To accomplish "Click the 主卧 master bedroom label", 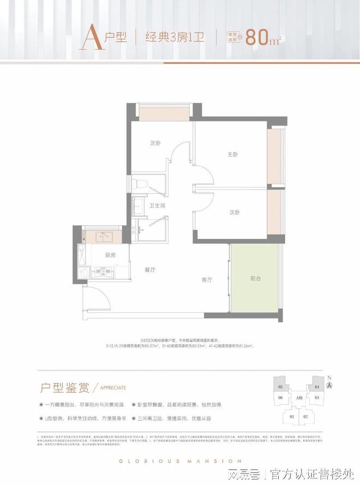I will (x=233, y=154).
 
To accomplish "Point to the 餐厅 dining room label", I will (x=151, y=270).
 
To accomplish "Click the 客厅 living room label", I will (x=207, y=280).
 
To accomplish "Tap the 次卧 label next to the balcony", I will (x=234, y=212).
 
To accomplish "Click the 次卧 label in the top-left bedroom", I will (x=155, y=143).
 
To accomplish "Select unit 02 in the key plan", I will (x=306, y=417).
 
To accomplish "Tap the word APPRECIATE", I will (x=113, y=388).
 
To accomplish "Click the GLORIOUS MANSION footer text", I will (x=180, y=461).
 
